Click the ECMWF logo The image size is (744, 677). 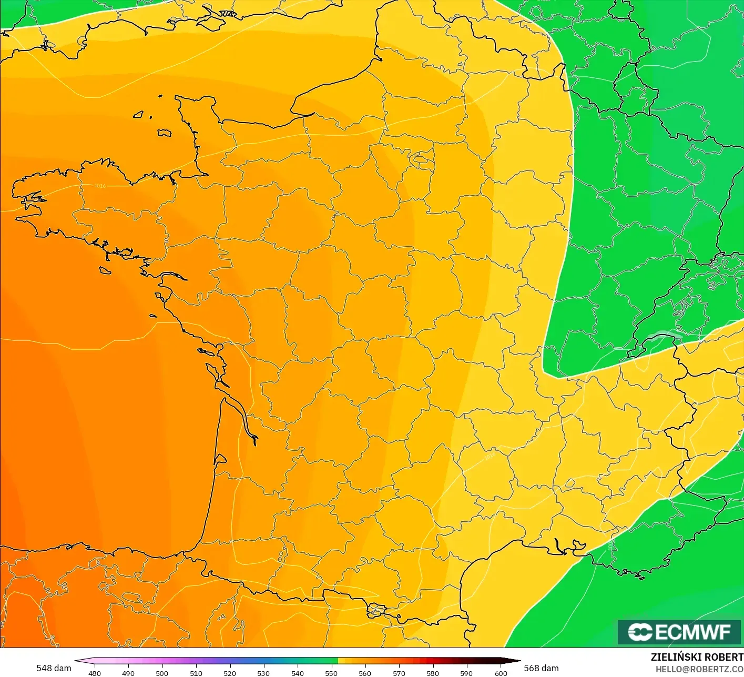pos(679,632)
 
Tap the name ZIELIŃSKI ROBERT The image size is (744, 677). pos(697,657)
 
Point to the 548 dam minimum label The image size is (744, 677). pos(54,668)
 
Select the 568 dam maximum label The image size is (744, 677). pos(541,668)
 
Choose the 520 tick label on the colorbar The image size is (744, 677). pos(230,673)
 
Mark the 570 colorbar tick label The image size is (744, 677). pos(399,673)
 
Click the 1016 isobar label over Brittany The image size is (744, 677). pos(99,186)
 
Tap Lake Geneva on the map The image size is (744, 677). pos(664,337)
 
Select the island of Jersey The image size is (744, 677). pos(164,133)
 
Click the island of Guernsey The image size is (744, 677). pos(139,114)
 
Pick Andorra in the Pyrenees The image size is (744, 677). pos(376,610)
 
